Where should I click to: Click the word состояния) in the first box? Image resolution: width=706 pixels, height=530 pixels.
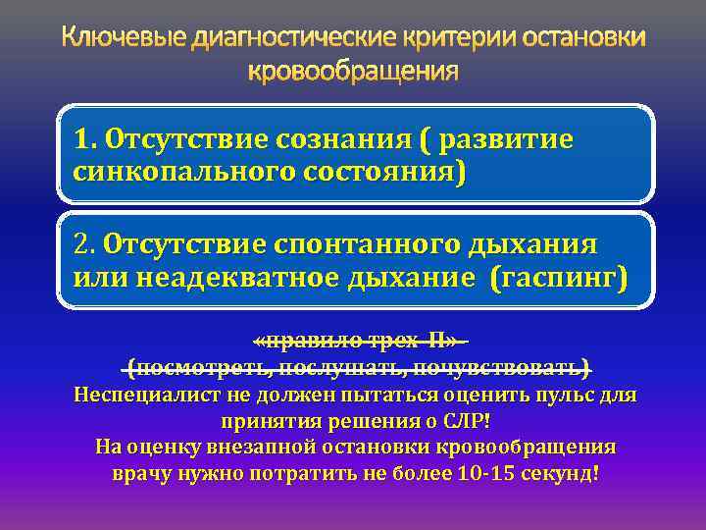380,172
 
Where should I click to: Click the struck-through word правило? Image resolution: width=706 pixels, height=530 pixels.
311,342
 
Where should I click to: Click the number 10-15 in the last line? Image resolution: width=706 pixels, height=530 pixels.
486,473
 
